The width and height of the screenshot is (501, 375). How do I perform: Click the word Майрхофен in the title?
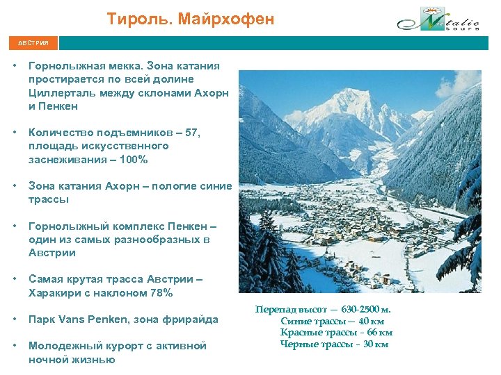click(x=225, y=19)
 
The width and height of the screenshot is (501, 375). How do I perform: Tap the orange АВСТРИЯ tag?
click(x=33, y=43)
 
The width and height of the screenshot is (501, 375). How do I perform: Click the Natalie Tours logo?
click(x=438, y=20)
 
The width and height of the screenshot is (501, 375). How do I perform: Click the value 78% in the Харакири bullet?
click(x=161, y=292)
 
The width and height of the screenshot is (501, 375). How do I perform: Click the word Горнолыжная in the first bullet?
click(x=65, y=66)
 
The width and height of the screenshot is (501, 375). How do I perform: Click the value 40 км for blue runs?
click(x=370, y=321)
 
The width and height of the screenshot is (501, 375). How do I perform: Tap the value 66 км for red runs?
click(x=376, y=332)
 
